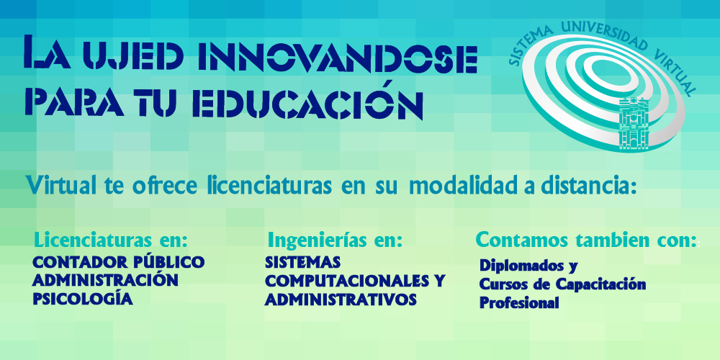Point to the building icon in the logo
point(634,123)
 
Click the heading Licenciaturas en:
point(111,240)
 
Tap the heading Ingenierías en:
point(336,240)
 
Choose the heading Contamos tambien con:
point(586,240)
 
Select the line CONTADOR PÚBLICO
point(119,262)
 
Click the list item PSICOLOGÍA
point(83,300)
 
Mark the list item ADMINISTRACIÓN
point(105,279)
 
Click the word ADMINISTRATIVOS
point(341,300)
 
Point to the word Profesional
point(519,303)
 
